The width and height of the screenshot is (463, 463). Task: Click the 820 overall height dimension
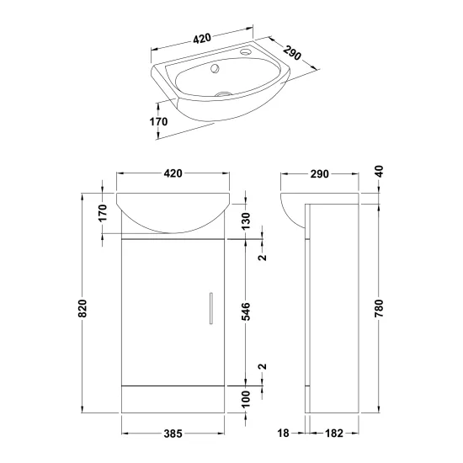coord(83,308)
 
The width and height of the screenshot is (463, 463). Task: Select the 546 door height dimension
coord(246,311)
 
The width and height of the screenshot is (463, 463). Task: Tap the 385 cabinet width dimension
coord(173,434)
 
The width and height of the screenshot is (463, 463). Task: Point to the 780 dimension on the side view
coord(379,308)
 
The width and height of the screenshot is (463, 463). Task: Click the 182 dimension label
coord(334,434)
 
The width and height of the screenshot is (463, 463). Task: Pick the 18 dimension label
coord(283,434)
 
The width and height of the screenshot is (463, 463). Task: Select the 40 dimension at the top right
coord(379,172)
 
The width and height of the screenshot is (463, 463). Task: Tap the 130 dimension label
coord(246,221)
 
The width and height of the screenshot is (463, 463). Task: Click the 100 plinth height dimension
coord(246,399)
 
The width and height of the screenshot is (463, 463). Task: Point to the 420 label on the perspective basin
coord(202,39)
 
